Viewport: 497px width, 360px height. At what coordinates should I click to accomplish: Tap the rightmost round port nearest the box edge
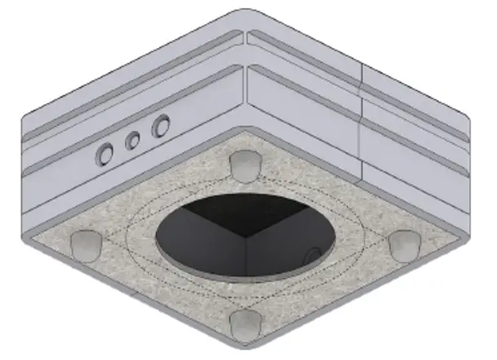click(x=161, y=126)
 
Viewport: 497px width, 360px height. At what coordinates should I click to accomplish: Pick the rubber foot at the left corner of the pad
click(x=86, y=243)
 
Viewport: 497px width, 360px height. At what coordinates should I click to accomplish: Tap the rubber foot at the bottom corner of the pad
click(x=244, y=323)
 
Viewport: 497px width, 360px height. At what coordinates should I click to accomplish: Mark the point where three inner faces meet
click(x=245, y=236)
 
